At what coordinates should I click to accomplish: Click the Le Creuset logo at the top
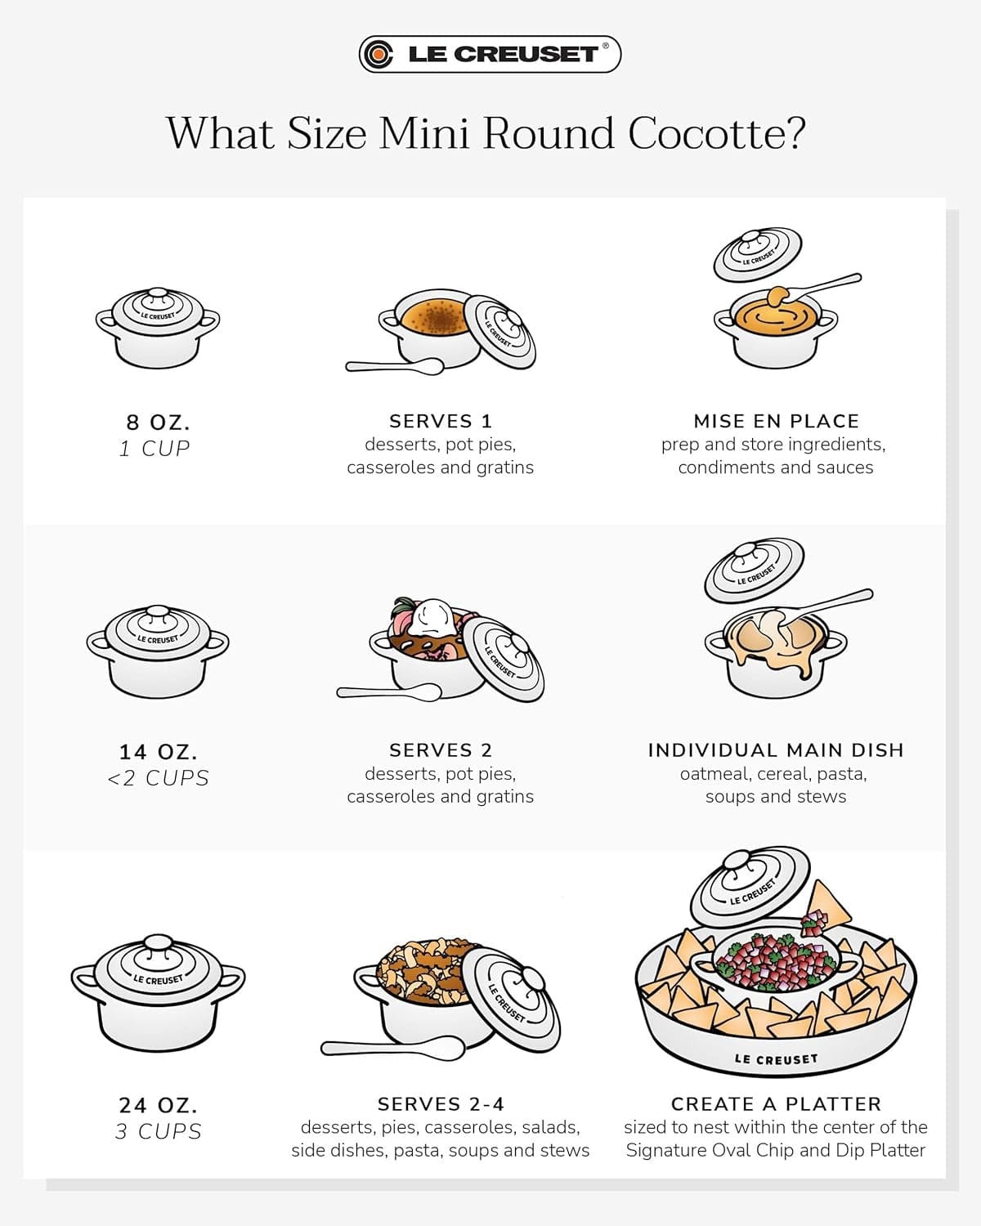click(x=490, y=54)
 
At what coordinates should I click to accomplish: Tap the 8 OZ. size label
click(x=158, y=423)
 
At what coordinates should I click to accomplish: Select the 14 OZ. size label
click(x=158, y=751)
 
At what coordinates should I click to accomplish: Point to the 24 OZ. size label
click(x=158, y=1105)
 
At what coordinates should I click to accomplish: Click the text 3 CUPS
click(x=158, y=1132)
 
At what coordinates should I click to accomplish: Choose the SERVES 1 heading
click(x=440, y=421)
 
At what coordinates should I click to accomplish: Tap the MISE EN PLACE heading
click(x=776, y=421)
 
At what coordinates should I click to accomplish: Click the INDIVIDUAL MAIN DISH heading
click(x=776, y=750)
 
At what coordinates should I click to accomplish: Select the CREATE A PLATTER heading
click(x=776, y=1104)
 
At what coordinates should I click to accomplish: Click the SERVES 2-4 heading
click(x=440, y=1104)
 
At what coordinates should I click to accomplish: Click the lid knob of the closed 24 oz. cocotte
click(x=158, y=944)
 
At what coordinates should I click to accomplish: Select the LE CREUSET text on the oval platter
click(x=775, y=1059)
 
